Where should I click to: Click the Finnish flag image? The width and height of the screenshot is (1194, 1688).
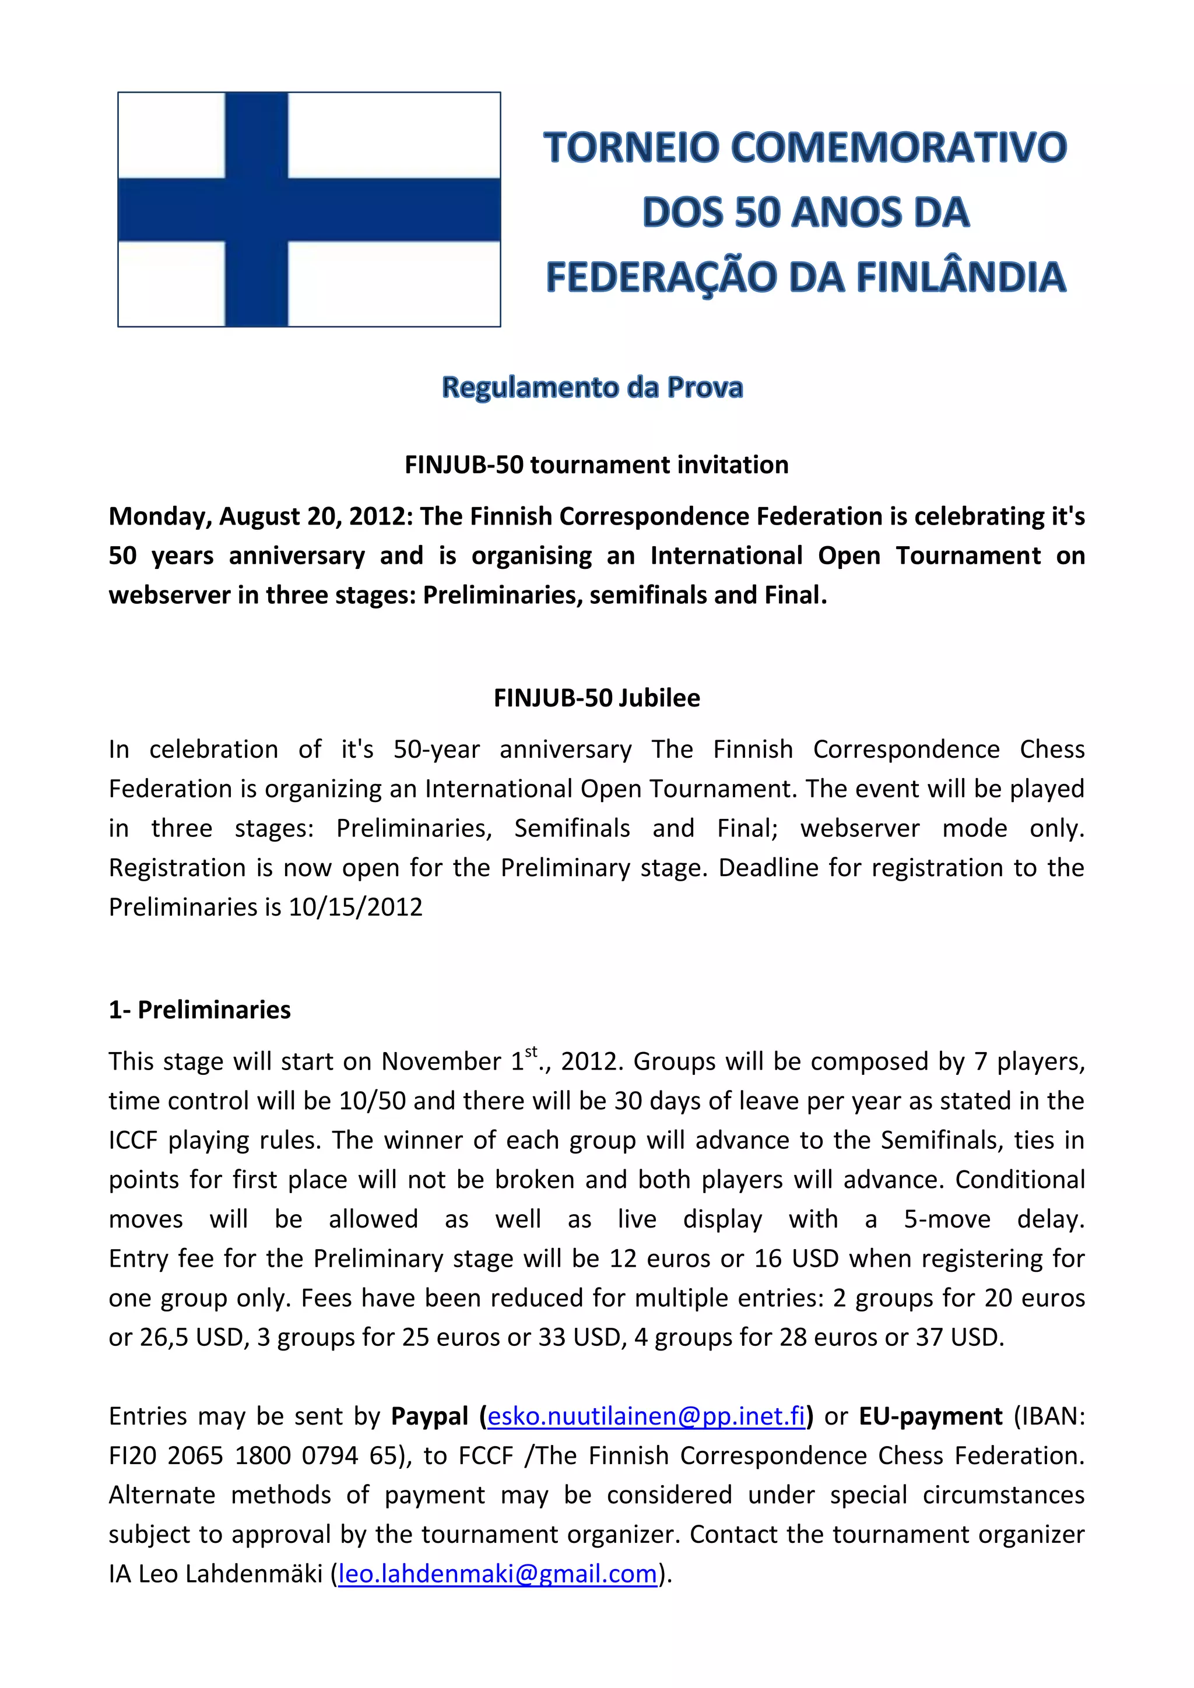(309, 209)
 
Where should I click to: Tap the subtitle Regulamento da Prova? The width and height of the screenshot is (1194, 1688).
(592, 388)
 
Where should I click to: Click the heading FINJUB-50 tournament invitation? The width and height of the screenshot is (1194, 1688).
(596, 465)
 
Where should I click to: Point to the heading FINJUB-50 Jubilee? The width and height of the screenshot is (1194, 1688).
(596, 698)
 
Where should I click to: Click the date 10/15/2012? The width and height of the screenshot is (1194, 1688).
(356, 907)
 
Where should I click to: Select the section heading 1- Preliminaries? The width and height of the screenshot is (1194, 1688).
(199, 1010)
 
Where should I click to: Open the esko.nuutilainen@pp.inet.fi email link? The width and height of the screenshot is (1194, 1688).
(646, 1416)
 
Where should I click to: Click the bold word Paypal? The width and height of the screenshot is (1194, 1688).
(429, 1416)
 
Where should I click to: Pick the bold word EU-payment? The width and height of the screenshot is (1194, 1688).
(931, 1416)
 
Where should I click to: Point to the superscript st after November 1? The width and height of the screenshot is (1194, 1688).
(531, 1052)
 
